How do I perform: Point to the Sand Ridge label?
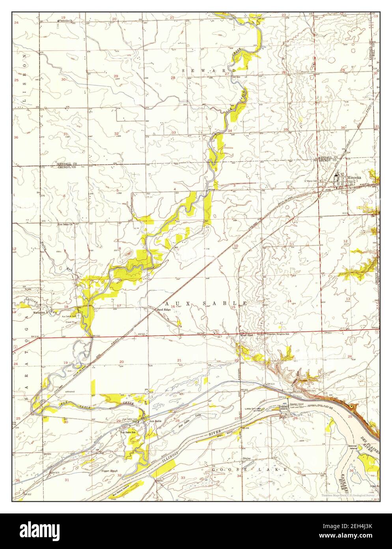pyautogui.click(x=164, y=310)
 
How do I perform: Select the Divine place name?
pyautogui.click(x=247, y=458)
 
